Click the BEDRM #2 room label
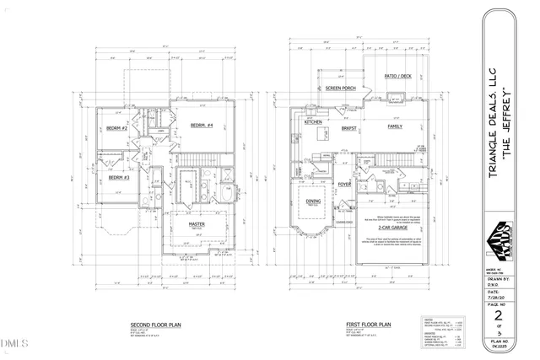coord(116,128)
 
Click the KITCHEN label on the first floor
coord(313,122)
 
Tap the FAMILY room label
coord(395,126)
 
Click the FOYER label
coord(344,184)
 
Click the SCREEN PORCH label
coord(340,87)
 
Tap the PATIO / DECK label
coord(397,76)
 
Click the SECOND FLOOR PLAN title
coord(153,324)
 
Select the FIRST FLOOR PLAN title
coord(367,324)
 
